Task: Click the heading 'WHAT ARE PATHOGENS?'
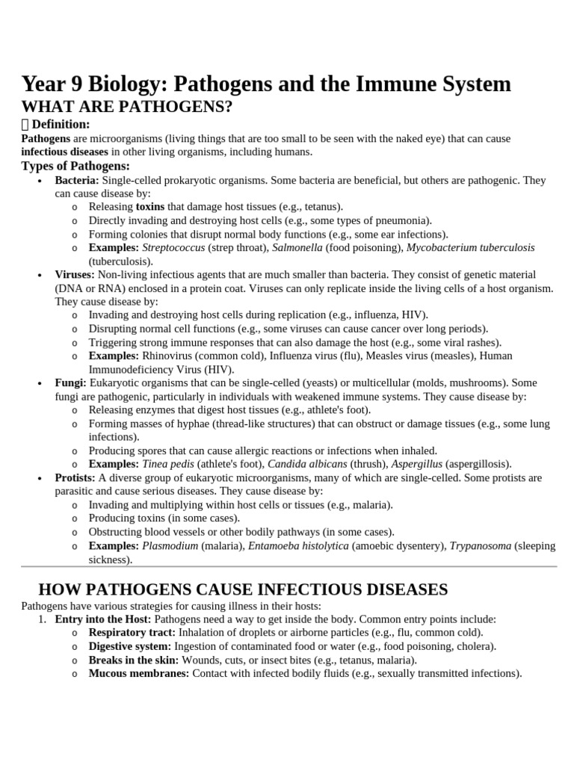pyautogui.click(x=127, y=107)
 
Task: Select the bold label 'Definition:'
pyautogui.click(x=61, y=124)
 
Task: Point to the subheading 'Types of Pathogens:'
pyautogui.click(x=75, y=166)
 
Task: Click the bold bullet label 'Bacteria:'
pyautogui.click(x=77, y=180)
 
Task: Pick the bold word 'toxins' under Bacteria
pyautogui.click(x=150, y=206)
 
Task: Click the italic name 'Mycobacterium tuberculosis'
pyautogui.click(x=471, y=247)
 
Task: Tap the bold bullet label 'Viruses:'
pyautogui.click(x=75, y=275)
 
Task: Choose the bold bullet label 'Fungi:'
pyautogui.click(x=71, y=382)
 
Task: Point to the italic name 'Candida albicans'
pyautogui.click(x=307, y=464)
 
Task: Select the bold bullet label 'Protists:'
pyautogui.click(x=75, y=477)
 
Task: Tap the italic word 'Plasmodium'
pyautogui.click(x=170, y=545)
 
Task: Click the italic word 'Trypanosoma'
pyautogui.click(x=480, y=545)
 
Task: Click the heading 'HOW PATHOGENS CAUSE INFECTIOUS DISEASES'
pyautogui.click(x=243, y=589)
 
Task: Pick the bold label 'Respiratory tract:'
pyautogui.click(x=132, y=632)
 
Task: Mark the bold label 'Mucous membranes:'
pyautogui.click(x=139, y=673)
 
